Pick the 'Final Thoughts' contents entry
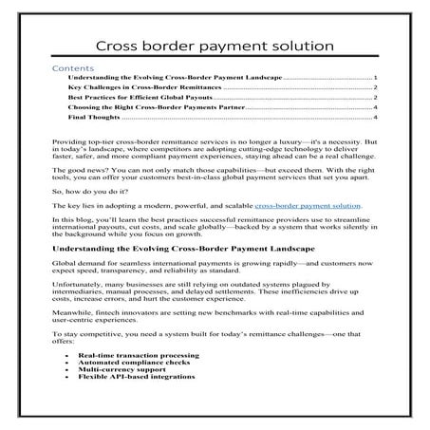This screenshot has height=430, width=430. click(94, 120)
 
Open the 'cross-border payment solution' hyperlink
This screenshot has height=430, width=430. click(308, 231)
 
